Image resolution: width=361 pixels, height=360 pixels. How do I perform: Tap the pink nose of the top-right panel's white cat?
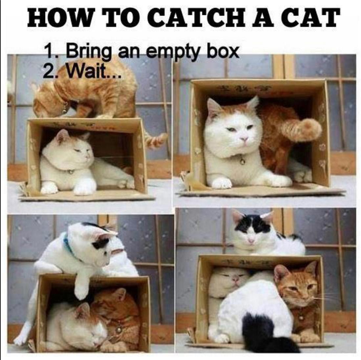pos(244,139)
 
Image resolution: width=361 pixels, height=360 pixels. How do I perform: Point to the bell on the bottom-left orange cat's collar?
pos(118,330)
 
